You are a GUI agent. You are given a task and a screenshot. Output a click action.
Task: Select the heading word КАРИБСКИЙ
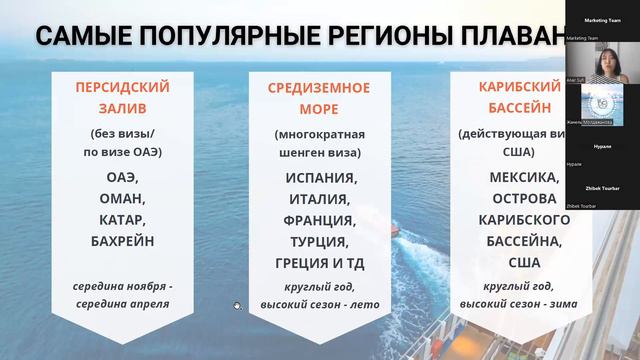(x=510, y=86)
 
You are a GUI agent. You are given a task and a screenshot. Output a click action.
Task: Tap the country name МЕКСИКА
(x=511, y=176)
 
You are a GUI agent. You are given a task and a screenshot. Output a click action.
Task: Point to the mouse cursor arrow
(x=237, y=306)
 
